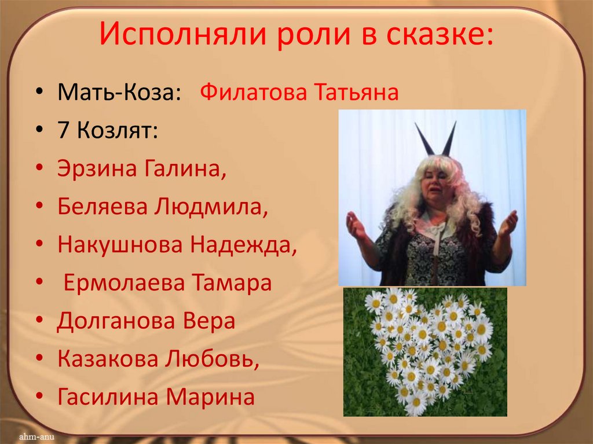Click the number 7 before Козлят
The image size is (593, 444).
[63, 130]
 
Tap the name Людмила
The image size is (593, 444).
[211, 207]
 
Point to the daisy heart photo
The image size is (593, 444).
[425, 352]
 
